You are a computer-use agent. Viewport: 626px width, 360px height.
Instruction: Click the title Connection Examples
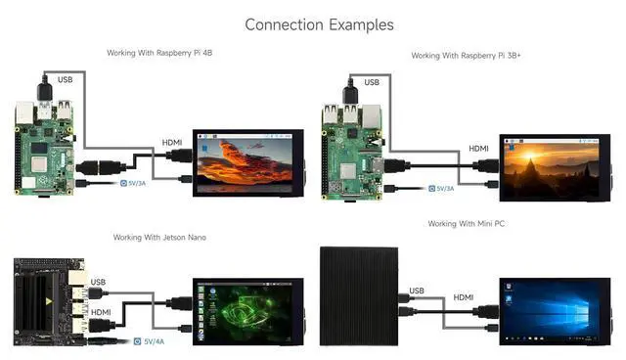coord(319,24)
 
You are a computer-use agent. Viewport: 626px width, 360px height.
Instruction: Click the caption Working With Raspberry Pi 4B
coord(160,52)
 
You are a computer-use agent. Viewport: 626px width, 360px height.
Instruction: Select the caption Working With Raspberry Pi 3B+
coord(466,56)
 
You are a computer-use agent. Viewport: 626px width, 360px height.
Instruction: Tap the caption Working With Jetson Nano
coord(159,237)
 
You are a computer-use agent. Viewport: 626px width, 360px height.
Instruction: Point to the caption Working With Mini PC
coord(466,224)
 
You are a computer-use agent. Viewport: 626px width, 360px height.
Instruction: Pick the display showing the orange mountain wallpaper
coord(246,162)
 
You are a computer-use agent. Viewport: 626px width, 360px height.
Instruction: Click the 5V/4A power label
coord(155,341)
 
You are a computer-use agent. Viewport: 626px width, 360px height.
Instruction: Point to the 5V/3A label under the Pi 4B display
coord(137,182)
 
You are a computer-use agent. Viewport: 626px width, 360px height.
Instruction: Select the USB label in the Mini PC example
coord(418,292)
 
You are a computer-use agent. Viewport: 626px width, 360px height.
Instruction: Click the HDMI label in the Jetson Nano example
coord(102,312)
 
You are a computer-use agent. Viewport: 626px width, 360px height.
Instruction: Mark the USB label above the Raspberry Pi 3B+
coord(372,82)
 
